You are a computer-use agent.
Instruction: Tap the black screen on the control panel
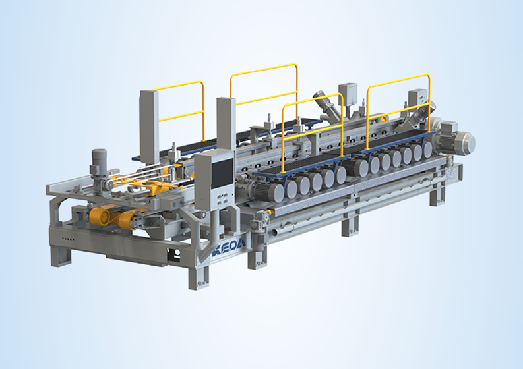pyautogui.click(x=223, y=173)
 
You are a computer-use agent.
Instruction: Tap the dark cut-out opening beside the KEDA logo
pyautogui.click(x=175, y=256)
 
